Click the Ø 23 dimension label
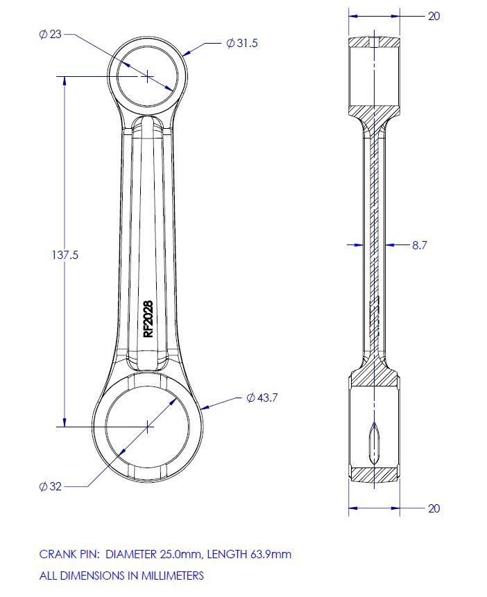51,34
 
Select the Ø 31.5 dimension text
242,43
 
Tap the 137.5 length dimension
65,255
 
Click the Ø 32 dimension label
51,486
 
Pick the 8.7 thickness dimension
419,244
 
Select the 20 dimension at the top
434,16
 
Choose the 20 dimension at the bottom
434,508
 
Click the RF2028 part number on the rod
148,319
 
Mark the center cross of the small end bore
148,75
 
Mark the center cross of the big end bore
148,427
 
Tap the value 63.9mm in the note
272,554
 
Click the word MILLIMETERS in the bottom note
171,575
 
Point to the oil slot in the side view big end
374,443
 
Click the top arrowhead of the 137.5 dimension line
65,80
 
